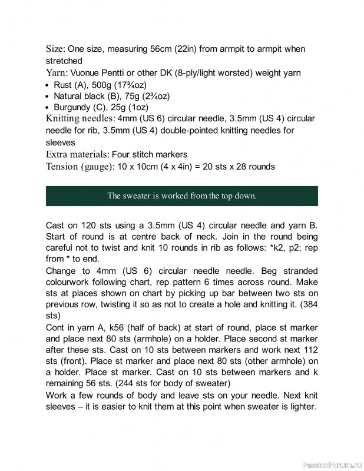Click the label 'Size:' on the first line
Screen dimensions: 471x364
point(56,49)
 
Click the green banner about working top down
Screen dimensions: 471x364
point(181,196)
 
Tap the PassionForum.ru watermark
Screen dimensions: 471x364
point(331,465)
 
